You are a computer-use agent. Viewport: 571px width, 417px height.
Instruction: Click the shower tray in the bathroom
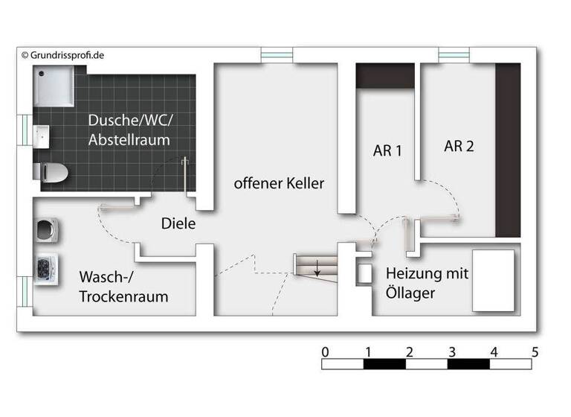click(54, 88)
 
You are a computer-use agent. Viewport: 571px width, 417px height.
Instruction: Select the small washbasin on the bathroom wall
click(42, 138)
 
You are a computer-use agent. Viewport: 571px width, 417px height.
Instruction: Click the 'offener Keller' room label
click(279, 183)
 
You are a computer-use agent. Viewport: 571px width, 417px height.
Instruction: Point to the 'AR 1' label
click(387, 150)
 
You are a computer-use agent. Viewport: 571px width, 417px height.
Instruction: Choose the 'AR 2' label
click(459, 146)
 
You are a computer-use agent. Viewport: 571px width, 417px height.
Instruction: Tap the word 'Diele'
click(178, 223)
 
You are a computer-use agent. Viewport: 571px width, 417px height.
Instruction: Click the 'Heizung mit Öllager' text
click(427, 283)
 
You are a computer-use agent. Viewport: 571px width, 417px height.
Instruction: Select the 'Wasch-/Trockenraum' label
click(123, 287)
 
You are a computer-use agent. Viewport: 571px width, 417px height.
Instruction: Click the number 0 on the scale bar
click(325, 351)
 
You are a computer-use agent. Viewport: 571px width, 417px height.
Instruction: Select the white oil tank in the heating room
click(494, 280)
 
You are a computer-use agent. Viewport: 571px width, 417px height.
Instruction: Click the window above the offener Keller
click(276, 55)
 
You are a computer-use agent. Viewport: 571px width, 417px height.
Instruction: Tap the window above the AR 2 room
click(454, 55)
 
